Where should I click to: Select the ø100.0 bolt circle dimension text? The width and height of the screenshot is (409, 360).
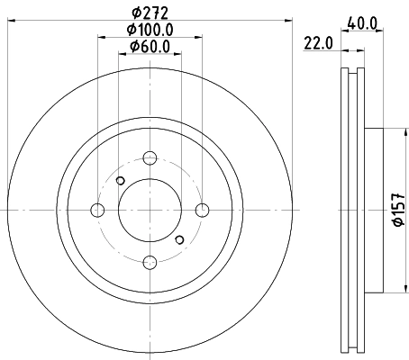150,30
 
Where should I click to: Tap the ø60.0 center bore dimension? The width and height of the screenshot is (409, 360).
150,46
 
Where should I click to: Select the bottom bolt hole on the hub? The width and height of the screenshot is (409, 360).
150,262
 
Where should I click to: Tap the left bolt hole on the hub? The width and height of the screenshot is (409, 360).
98,211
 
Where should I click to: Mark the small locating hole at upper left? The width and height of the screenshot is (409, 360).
120,181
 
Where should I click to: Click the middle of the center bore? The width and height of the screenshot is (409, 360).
150,211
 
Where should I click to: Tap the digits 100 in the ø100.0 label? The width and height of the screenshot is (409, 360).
148,30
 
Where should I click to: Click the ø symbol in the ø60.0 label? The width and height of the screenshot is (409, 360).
132,46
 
